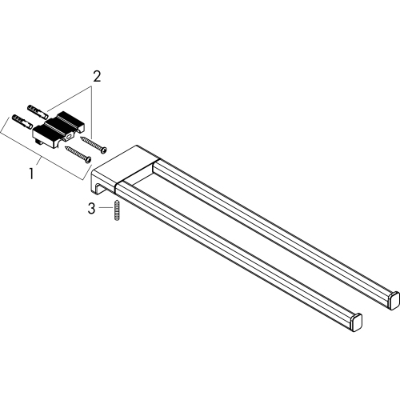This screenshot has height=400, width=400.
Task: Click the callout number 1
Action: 32,174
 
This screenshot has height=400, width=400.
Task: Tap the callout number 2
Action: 97,77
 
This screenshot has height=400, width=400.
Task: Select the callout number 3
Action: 91,209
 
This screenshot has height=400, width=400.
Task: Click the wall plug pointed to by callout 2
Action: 38,111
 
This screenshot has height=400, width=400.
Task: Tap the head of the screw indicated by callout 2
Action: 104,150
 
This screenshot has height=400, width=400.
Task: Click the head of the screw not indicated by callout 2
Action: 88,159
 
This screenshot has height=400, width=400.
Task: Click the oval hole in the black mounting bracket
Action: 69,137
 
